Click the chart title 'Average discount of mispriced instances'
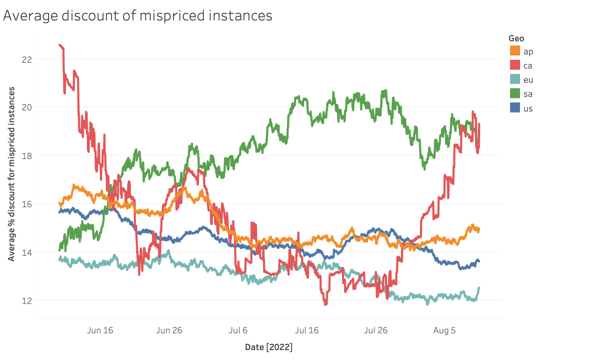coord(138,16)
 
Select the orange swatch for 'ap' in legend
coord(515,51)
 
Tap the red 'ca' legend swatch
coord(515,65)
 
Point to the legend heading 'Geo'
coord(516,38)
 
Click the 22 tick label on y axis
coord(27,59)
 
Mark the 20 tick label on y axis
coord(27,107)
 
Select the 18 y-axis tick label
coord(27,156)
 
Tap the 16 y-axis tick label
coord(27,204)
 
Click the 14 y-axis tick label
coord(27,252)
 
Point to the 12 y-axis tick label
coord(27,301)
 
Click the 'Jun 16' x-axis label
coord(100,330)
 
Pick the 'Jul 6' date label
coord(238,330)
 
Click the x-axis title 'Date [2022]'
coord(269,347)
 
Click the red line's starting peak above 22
coord(60,46)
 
